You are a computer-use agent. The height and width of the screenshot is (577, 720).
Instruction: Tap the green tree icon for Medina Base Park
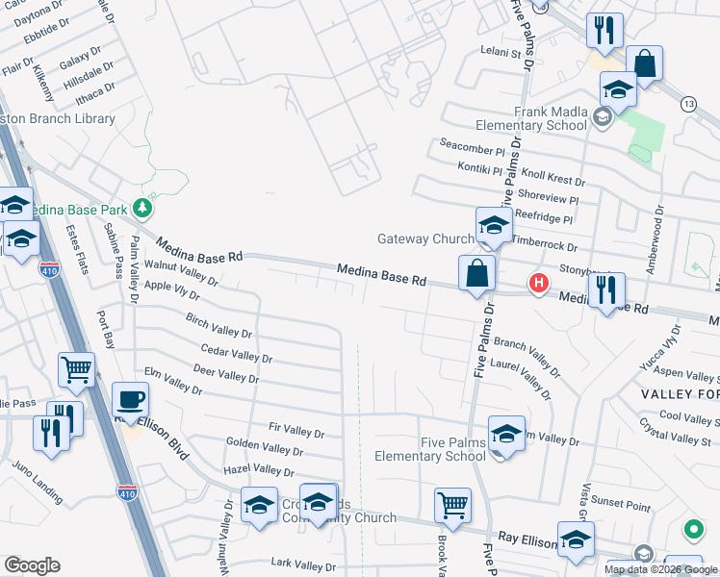(x=142, y=207)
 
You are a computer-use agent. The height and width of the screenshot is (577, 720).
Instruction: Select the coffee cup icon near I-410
(x=131, y=399)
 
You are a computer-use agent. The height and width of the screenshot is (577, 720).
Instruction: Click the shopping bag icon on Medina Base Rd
(x=476, y=273)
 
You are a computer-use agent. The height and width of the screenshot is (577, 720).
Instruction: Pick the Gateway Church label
(x=424, y=238)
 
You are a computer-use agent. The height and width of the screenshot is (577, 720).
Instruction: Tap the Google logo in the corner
(x=32, y=565)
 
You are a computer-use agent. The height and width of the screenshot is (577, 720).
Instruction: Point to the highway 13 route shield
(x=687, y=103)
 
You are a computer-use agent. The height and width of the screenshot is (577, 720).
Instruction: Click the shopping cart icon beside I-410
(x=76, y=368)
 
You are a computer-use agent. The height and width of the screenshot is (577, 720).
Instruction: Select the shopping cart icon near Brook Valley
(x=451, y=504)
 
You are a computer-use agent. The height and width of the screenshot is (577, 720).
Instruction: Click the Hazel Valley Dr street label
(x=258, y=470)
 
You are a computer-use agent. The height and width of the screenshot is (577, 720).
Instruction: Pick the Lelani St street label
(x=501, y=54)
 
